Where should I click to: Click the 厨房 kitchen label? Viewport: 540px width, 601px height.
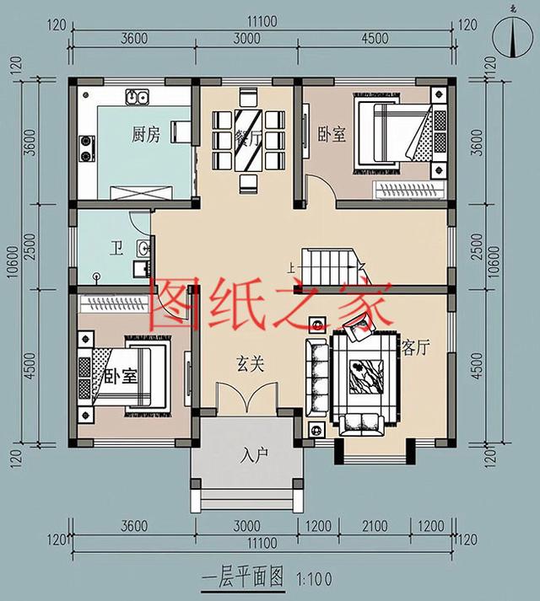[145, 135]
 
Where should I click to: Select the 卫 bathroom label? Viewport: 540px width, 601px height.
[117, 249]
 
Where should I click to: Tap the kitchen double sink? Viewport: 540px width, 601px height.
[138, 98]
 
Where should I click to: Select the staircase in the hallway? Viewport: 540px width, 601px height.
[328, 267]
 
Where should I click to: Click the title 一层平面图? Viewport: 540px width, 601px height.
[244, 578]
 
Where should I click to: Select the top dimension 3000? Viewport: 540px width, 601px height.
[247, 39]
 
